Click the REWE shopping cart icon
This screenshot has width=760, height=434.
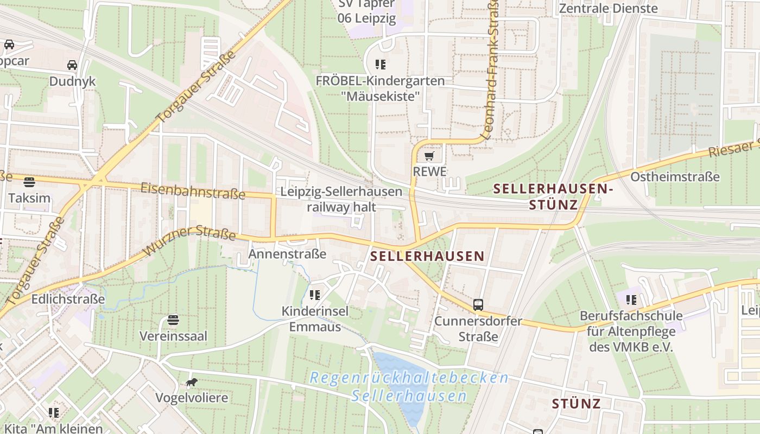(429, 157)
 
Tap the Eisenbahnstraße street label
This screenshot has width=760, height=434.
(193, 191)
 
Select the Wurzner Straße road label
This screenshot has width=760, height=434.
(189, 243)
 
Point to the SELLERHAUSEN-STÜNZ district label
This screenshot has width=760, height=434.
(553, 196)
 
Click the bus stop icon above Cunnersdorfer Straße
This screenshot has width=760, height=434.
(478, 305)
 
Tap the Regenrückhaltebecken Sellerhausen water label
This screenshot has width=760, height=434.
(409, 387)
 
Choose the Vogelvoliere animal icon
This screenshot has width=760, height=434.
(191, 383)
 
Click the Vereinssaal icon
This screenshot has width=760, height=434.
(173, 320)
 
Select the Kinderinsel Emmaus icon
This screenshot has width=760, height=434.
(314, 295)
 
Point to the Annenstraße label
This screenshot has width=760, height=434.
(287, 254)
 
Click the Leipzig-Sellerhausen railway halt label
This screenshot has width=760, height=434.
(341, 199)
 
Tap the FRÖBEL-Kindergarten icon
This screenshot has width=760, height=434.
(380, 65)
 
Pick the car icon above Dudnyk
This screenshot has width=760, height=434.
(72, 66)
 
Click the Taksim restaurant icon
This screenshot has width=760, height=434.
(29, 181)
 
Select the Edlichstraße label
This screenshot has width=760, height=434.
(68, 299)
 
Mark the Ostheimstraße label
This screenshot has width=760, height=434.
(675, 177)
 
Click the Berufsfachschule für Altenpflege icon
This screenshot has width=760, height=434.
(631, 299)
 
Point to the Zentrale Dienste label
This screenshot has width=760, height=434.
(608, 8)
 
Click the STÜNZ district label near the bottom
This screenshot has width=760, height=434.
(576, 404)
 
